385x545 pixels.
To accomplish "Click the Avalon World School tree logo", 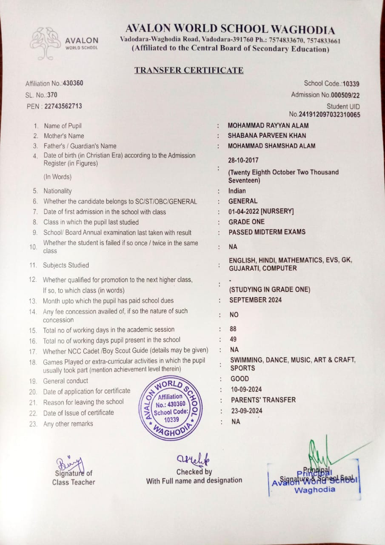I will [46, 43].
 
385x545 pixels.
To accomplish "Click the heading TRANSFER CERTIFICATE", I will [189, 70].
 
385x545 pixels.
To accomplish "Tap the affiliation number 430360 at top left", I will [73, 83].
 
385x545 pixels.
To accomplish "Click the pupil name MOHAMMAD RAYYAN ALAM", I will [268, 126].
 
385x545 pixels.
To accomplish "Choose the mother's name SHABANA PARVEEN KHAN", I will [267, 136].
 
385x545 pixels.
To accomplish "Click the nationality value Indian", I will [237, 191].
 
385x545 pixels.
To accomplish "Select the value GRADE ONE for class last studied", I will [246, 221].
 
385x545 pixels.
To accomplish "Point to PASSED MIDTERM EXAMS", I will [267, 232].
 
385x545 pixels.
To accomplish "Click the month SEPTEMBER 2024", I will [255, 300].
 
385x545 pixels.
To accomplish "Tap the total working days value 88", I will [233, 329].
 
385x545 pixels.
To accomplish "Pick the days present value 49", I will [233, 339].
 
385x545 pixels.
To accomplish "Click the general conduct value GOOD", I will [240, 379].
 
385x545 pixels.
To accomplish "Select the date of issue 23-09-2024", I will [246, 411].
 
